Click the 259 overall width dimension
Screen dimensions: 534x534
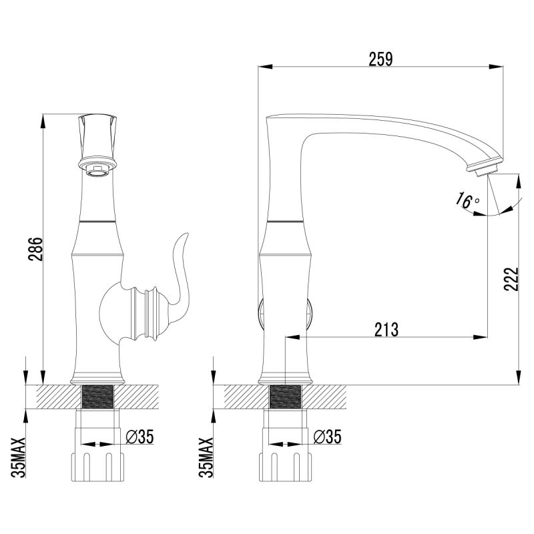(380, 58)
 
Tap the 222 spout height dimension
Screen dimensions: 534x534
(510, 279)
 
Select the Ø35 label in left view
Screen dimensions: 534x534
(140, 437)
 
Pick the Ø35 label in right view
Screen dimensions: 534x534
(328, 437)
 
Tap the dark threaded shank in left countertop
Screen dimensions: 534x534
(97, 398)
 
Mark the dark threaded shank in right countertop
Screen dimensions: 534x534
(286, 398)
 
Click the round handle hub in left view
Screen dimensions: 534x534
(115, 311)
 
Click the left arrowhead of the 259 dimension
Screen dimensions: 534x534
(263, 67)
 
